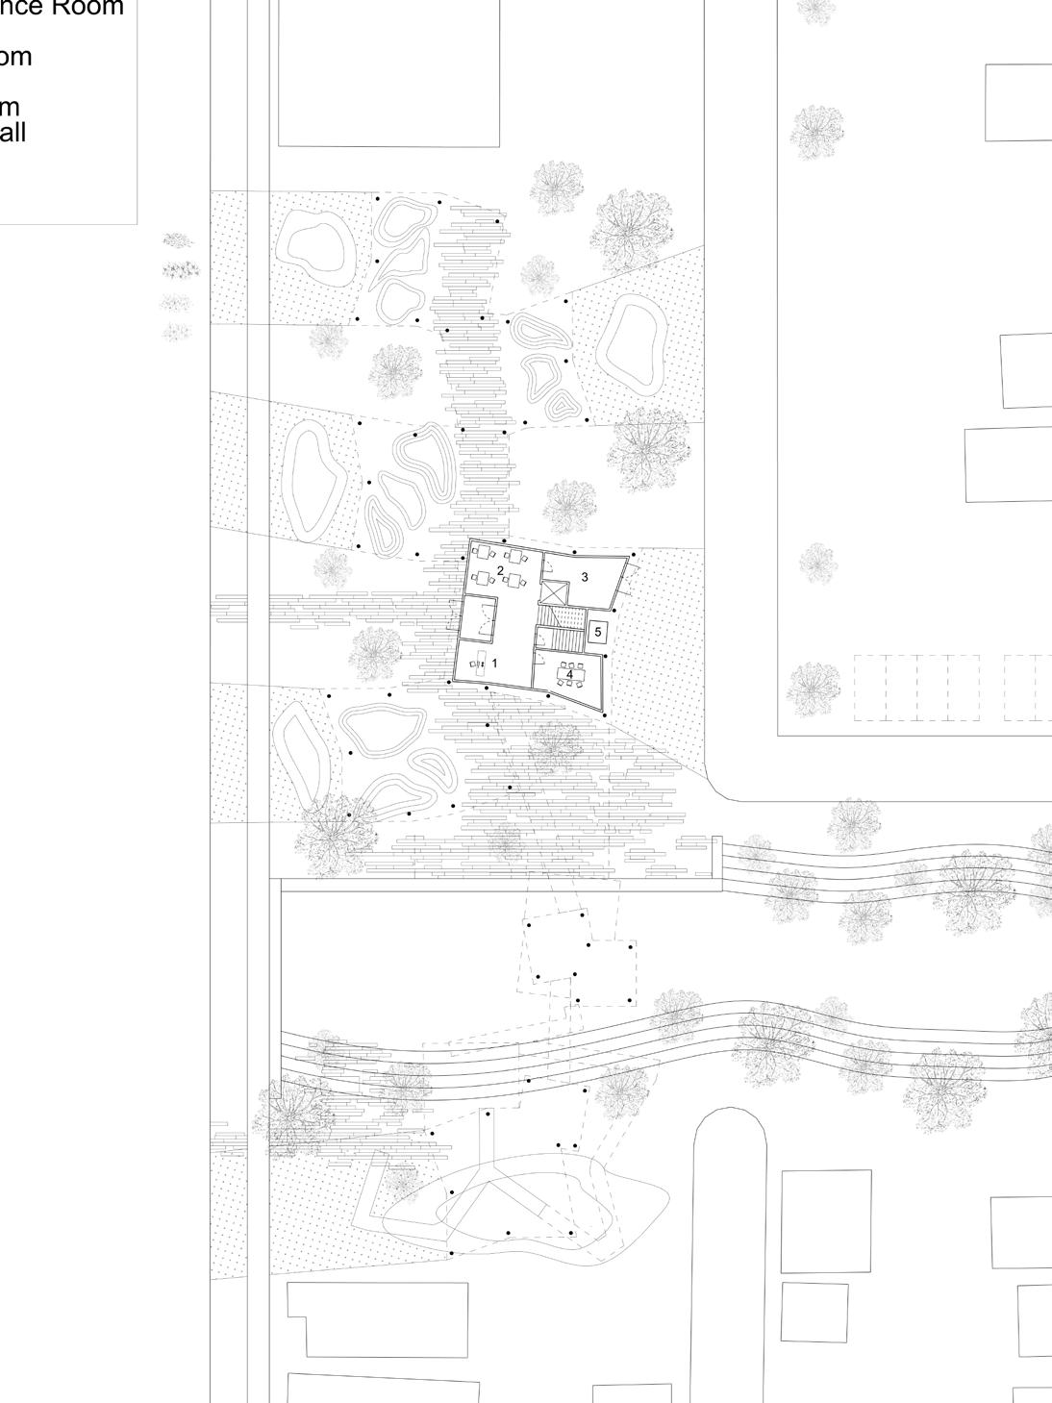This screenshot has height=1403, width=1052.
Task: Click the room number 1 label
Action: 495,663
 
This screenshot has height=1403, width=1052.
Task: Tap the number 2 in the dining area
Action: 500,571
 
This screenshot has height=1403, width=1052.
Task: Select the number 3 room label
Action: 585,577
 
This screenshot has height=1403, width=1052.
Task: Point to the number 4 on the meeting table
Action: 569,674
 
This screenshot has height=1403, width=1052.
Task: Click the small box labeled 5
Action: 598,632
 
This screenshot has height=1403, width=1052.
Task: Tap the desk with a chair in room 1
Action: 478,664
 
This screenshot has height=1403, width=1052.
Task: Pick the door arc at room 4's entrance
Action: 542,660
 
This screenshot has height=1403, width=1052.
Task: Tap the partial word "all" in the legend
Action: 13,132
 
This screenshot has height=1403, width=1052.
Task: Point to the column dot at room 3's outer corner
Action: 633,555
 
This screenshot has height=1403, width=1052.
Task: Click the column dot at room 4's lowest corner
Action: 604,714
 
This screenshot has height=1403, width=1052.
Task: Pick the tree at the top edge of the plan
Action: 816,10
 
